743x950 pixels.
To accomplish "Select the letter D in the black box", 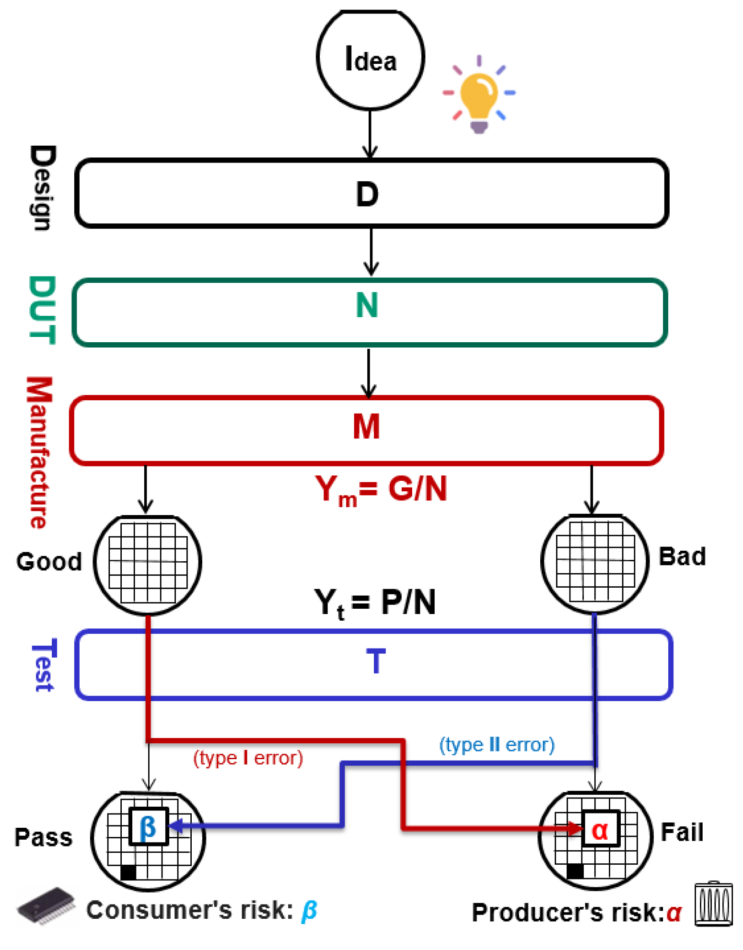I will point(367,195).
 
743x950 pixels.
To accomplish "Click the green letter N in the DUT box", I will point(367,305).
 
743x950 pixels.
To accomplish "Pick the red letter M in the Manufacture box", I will point(366,427).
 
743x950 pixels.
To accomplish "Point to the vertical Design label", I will point(42,188).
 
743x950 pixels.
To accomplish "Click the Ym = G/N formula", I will point(381,490).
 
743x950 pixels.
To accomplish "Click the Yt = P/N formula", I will point(375,603).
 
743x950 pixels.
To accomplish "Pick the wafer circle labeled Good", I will point(148,564).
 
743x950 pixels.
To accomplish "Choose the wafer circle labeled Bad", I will point(594,562).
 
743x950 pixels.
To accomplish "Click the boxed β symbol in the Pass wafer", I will point(148,827).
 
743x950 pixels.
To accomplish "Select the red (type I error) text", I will point(248,758).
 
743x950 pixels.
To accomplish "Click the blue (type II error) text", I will point(497,745).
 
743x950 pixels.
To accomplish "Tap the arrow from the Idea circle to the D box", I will point(370,134).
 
